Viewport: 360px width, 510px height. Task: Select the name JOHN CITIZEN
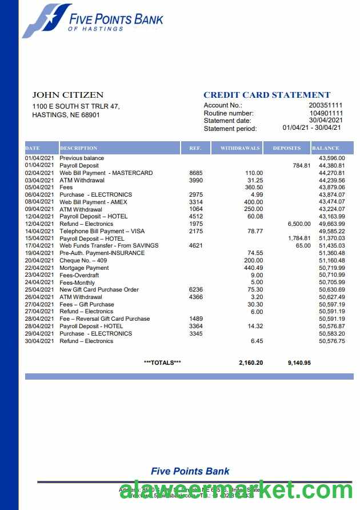(67, 95)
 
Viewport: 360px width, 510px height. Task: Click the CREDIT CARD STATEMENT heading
(267, 95)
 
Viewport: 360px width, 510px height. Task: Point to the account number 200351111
(326, 105)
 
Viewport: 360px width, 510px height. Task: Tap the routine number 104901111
(326, 113)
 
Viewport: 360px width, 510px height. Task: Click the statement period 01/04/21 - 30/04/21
(311, 128)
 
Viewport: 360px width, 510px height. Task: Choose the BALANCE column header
(326, 148)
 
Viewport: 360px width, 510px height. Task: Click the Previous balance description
(82, 158)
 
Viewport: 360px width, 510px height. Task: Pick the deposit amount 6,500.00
(299, 224)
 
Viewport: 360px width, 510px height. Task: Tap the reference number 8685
(195, 173)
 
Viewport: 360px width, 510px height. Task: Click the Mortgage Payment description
(84, 268)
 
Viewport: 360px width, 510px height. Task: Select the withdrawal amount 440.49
(253, 268)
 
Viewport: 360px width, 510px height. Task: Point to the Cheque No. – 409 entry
(83, 260)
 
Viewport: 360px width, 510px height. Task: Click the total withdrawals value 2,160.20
(251, 362)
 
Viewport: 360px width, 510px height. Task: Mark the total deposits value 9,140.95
(299, 362)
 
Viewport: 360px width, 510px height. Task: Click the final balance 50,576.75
(331, 341)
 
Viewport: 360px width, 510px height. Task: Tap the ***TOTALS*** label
(162, 362)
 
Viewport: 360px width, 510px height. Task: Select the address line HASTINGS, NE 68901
(66, 115)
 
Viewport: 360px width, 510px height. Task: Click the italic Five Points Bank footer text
(190, 471)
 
